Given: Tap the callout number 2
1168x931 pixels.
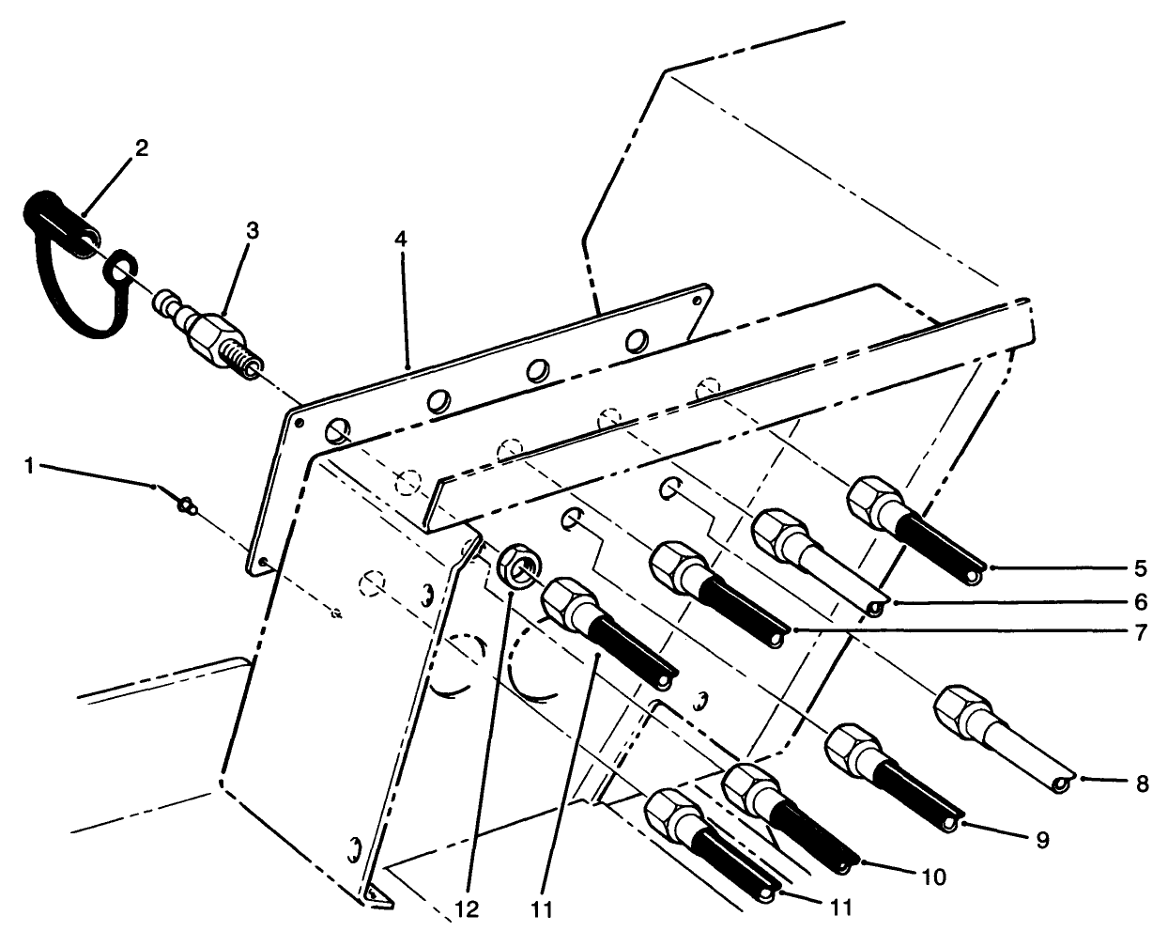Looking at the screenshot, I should [x=142, y=147].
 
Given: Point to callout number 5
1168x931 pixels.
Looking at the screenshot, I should [x=1140, y=568].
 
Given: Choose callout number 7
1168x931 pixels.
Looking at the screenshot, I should [x=1140, y=632].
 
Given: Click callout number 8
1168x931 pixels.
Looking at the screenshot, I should [x=1142, y=784].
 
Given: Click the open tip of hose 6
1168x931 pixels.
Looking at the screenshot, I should [x=875, y=609].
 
